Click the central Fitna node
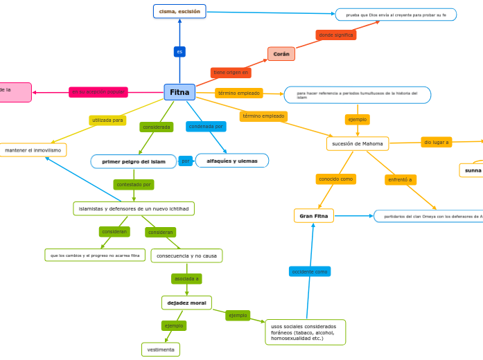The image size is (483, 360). [179, 92]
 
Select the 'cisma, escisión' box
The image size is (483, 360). [179, 11]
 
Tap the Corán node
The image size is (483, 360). [281, 54]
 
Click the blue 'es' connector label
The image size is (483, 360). [179, 52]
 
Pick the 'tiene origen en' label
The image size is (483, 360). [231, 72]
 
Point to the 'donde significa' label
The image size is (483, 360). [336, 35]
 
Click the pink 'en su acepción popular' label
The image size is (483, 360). [98, 92]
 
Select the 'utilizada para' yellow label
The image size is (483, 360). [107, 120]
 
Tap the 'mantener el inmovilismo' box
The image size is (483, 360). [33, 150]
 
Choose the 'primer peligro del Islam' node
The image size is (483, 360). [134, 161]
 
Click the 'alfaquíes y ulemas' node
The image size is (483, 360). [232, 161]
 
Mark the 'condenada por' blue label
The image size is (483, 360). [206, 127]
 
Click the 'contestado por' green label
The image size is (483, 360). [134, 185]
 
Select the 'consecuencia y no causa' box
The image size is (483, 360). [186, 255]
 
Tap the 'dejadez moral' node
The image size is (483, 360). [186, 303]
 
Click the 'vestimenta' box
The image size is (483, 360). [161, 350]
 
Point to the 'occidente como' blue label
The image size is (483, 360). [310, 271]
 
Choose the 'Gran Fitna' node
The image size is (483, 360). [314, 216]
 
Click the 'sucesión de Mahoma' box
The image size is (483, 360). [358, 143]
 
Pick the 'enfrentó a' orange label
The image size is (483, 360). [401, 180]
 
